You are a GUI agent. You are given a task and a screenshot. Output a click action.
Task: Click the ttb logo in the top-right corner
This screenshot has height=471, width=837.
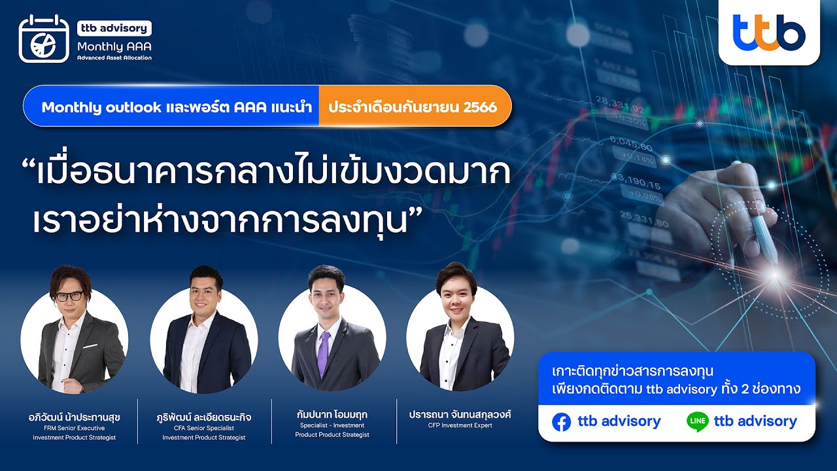pyautogui.click(x=769, y=32)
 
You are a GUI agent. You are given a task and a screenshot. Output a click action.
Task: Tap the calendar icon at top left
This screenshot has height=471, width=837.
pyautogui.click(x=43, y=39)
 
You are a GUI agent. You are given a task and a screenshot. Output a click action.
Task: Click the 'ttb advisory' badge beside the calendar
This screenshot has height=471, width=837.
pyautogui.click(x=114, y=28)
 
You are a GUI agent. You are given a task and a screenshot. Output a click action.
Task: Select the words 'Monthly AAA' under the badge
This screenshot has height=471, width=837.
pyautogui.click(x=109, y=46)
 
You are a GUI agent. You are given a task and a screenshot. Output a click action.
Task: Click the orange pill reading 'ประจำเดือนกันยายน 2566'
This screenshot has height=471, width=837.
pyautogui.click(x=413, y=105)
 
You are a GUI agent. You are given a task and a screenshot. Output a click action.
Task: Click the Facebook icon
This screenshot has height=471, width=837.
pyautogui.click(x=561, y=422)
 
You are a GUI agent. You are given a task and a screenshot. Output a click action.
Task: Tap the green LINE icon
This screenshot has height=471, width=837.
pyautogui.click(x=697, y=422)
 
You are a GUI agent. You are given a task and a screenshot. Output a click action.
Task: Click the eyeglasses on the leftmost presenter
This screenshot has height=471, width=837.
pyautogui.click(x=69, y=296)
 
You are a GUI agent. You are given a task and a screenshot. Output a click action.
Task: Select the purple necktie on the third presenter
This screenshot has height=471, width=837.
pyautogui.click(x=322, y=353)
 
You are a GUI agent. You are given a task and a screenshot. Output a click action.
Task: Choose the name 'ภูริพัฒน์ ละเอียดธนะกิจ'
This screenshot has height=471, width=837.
pyautogui.click(x=204, y=417)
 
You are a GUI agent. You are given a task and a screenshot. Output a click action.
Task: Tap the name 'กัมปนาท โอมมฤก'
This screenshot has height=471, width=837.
pyautogui.click(x=332, y=414)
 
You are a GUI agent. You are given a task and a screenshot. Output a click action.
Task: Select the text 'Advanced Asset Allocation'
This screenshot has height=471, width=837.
pyautogui.click(x=114, y=58)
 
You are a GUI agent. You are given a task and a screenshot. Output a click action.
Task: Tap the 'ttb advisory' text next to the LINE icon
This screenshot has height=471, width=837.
pyautogui.click(x=755, y=421)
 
